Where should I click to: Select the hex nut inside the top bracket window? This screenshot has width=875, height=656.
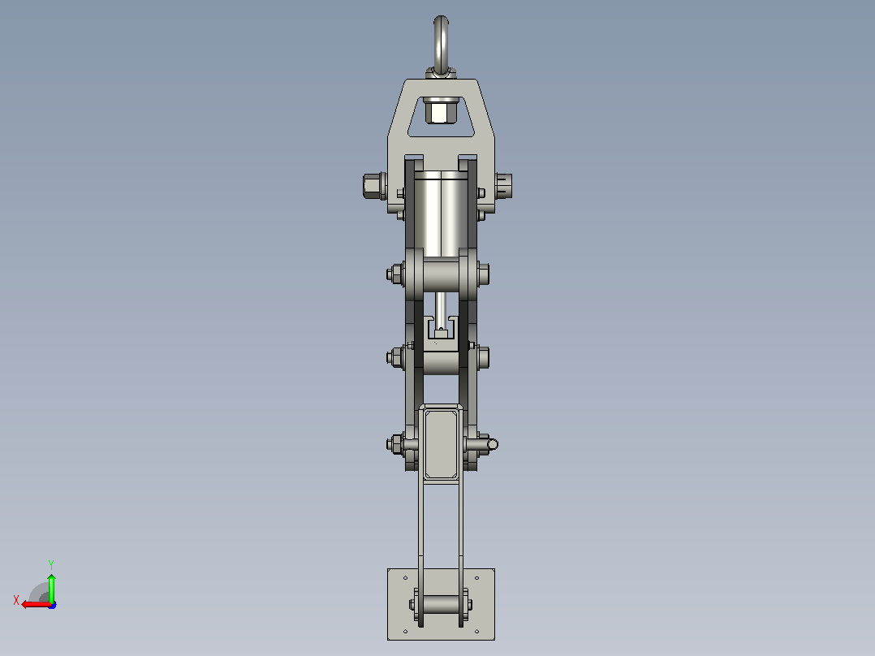[x=441, y=110]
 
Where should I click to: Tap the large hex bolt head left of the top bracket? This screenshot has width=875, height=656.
[x=373, y=186]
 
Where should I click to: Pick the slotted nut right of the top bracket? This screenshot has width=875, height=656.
[x=505, y=186]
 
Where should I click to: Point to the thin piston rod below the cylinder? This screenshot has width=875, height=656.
[x=441, y=310]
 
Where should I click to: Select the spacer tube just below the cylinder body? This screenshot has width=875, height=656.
[x=441, y=274]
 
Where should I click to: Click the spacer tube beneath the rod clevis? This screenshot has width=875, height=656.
[x=441, y=363]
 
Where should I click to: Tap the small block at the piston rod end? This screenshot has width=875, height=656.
[x=441, y=334]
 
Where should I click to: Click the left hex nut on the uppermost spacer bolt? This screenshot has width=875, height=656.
[x=394, y=274]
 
